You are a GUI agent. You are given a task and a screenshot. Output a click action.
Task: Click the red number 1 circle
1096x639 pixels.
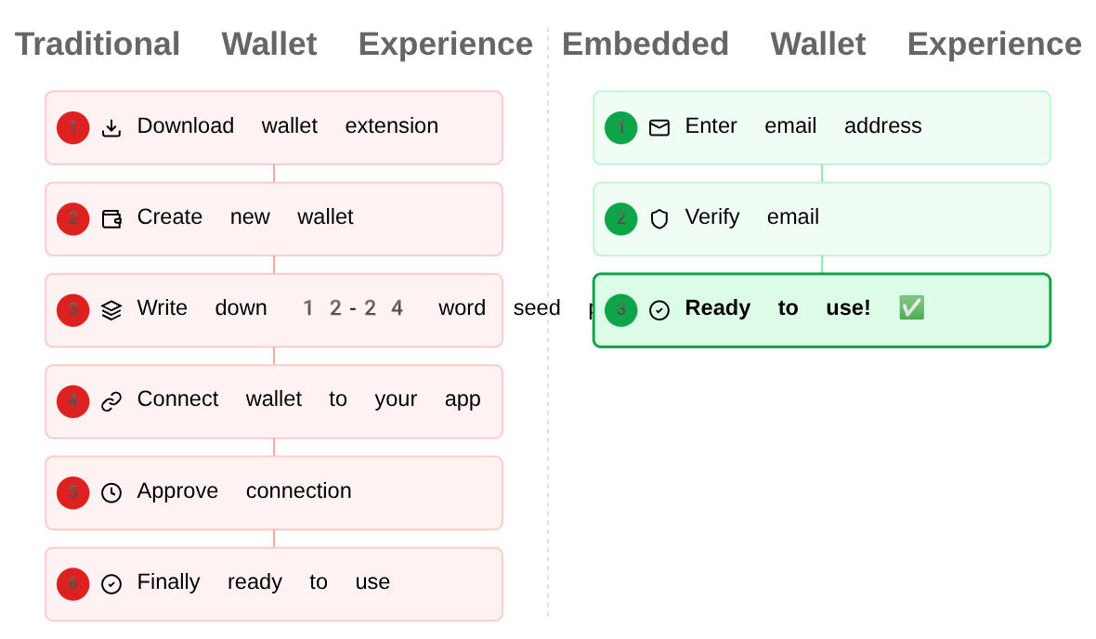point(73,127)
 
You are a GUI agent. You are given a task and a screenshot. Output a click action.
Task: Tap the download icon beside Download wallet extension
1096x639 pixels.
point(111,128)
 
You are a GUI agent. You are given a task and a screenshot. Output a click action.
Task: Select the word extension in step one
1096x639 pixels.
point(391,126)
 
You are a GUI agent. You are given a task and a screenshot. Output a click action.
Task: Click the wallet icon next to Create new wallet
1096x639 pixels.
point(111,219)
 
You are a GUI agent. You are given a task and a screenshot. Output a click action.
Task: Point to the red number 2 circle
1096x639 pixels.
point(73,218)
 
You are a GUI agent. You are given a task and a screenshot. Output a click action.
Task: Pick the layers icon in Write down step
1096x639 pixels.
point(111,310)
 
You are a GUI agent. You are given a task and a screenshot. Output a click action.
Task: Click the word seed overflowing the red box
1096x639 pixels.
point(537,308)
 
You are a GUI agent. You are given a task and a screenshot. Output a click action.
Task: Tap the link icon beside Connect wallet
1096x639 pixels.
point(111,401)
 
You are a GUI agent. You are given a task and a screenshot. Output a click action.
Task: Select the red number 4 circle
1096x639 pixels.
point(73,401)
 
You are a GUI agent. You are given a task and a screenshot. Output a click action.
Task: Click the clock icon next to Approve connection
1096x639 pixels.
point(111,492)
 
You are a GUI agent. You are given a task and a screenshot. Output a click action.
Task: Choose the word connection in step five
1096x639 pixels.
point(298,490)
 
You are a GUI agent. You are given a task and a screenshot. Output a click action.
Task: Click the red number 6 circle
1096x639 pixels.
point(73,583)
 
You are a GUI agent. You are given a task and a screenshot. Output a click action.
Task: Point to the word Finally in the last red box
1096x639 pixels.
point(168,581)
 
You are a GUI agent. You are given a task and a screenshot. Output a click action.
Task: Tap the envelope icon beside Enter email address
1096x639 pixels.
point(659,128)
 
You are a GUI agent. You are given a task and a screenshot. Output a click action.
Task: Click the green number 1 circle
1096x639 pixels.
point(621,127)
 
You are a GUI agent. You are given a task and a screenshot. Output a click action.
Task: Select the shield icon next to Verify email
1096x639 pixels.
point(659,219)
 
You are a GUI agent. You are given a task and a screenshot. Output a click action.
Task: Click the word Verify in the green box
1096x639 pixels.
point(712,217)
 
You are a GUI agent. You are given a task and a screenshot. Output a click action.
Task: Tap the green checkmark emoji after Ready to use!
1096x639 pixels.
point(911,308)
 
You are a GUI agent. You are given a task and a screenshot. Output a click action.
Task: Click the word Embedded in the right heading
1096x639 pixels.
point(646,45)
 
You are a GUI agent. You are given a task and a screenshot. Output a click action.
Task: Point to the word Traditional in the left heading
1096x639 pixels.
point(98,45)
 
